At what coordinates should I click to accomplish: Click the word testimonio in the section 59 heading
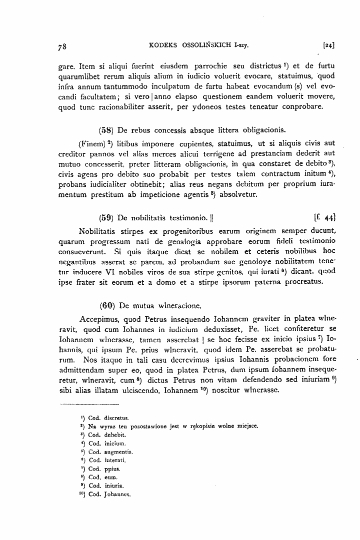[x=184, y=217]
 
